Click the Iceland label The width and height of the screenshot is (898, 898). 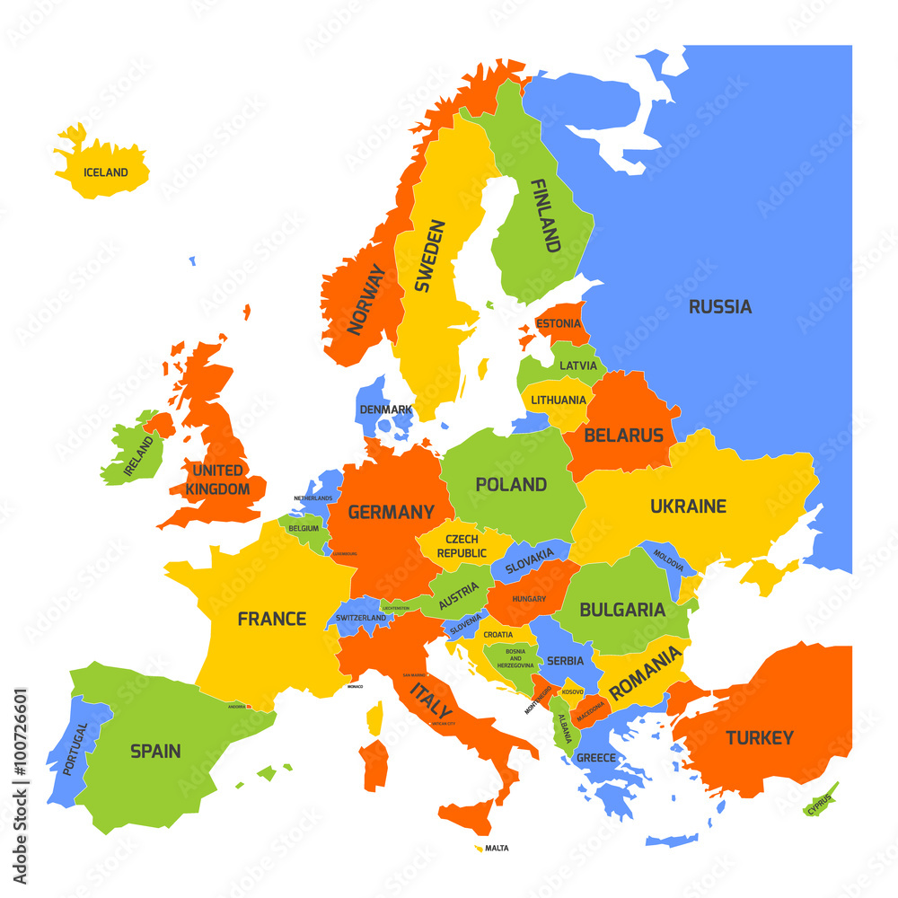[105, 172]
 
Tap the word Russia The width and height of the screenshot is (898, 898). [720, 307]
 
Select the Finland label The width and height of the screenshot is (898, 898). [546, 216]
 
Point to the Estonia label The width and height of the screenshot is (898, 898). [558, 322]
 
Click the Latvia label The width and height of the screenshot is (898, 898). [577, 365]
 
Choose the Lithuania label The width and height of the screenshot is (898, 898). [558, 400]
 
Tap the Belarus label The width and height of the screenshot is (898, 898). [623, 436]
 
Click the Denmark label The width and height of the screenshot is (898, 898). [385, 409]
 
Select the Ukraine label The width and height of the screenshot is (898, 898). [688, 506]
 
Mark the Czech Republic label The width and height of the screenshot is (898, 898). [462, 546]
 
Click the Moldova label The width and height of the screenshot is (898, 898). [668, 561]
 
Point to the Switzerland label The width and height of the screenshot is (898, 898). [361, 618]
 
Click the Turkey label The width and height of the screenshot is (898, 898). [760, 738]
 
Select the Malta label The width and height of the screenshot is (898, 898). [496, 848]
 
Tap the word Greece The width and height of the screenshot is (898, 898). [596, 758]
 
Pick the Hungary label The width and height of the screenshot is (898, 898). [529, 598]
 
